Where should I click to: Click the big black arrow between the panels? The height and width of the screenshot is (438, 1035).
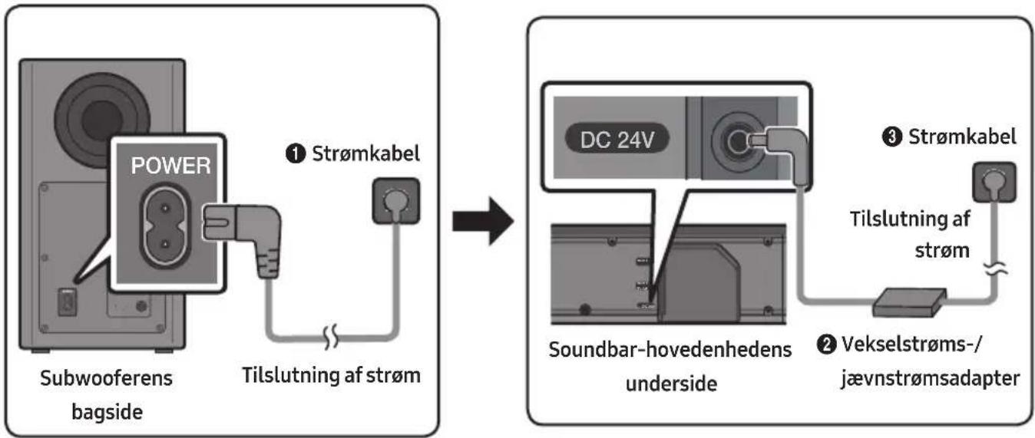pos(483,221)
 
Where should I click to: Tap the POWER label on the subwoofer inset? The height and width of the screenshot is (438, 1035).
pos(170,166)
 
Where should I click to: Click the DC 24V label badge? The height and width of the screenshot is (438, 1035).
pos(617,140)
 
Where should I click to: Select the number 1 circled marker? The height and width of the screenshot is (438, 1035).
pos(296,153)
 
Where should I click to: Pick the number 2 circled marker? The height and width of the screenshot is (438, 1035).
pos(827,344)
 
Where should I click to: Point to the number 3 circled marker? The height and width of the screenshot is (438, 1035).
pos(892,137)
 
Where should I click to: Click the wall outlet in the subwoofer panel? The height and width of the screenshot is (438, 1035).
pos(396,201)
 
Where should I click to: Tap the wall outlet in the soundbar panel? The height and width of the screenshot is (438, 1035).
pos(994,182)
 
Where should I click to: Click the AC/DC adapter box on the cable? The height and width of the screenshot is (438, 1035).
pos(909,303)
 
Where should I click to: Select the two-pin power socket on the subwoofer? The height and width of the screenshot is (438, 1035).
pos(165,226)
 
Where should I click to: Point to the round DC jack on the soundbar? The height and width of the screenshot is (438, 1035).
pos(736,142)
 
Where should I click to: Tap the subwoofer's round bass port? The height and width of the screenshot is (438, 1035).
pos(102,120)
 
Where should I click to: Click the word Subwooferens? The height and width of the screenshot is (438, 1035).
pos(106,378)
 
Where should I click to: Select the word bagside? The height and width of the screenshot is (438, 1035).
pos(107,412)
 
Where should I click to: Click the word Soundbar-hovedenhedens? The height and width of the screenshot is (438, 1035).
pos(670,349)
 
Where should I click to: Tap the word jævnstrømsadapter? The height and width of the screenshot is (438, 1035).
pos(930,379)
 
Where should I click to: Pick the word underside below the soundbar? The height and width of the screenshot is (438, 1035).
pos(671,384)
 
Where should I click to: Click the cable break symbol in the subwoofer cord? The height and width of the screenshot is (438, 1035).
pos(331,337)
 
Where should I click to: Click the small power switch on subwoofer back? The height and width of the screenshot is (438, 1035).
pos(67,303)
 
